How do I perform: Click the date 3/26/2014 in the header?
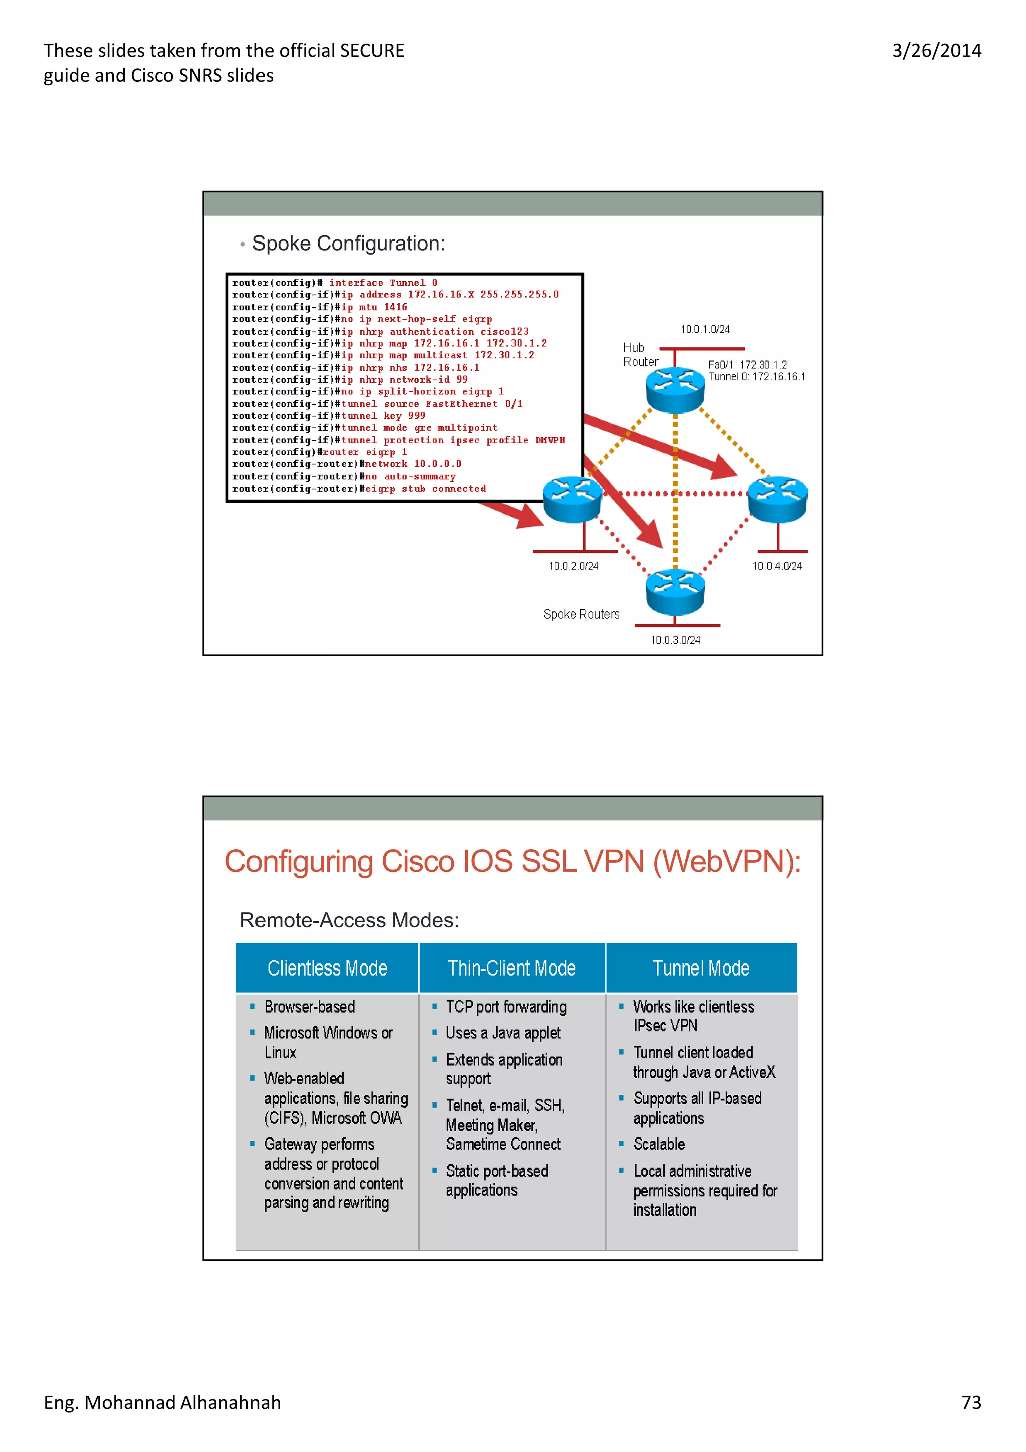(x=936, y=51)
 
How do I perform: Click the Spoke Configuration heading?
(x=348, y=244)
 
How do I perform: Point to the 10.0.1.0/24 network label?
(x=705, y=330)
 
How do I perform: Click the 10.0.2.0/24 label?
(x=573, y=566)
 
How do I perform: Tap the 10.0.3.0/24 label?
(x=675, y=640)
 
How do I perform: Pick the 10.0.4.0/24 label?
(x=777, y=566)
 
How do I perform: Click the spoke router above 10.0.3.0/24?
(x=674, y=591)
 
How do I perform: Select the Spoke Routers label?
(x=581, y=614)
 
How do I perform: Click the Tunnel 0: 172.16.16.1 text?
(x=756, y=377)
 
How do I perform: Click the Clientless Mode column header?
(x=327, y=968)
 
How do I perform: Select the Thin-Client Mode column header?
(x=511, y=968)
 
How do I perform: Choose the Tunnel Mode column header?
(x=700, y=968)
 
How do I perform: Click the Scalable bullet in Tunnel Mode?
(x=659, y=1144)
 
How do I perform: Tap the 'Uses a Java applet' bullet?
(x=502, y=1033)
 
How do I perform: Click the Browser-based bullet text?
(x=309, y=1006)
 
